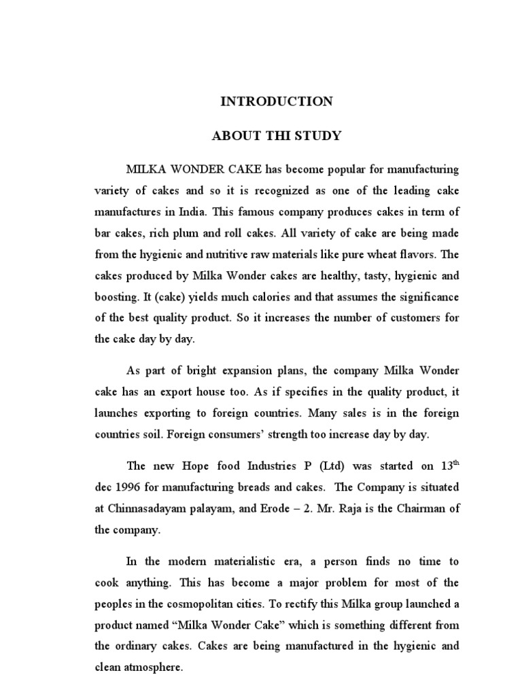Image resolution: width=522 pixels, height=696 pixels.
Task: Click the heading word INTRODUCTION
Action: click(x=276, y=102)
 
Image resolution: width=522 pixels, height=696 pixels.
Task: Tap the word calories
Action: click(x=258, y=297)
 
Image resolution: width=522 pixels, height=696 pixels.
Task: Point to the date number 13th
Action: click(x=450, y=466)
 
